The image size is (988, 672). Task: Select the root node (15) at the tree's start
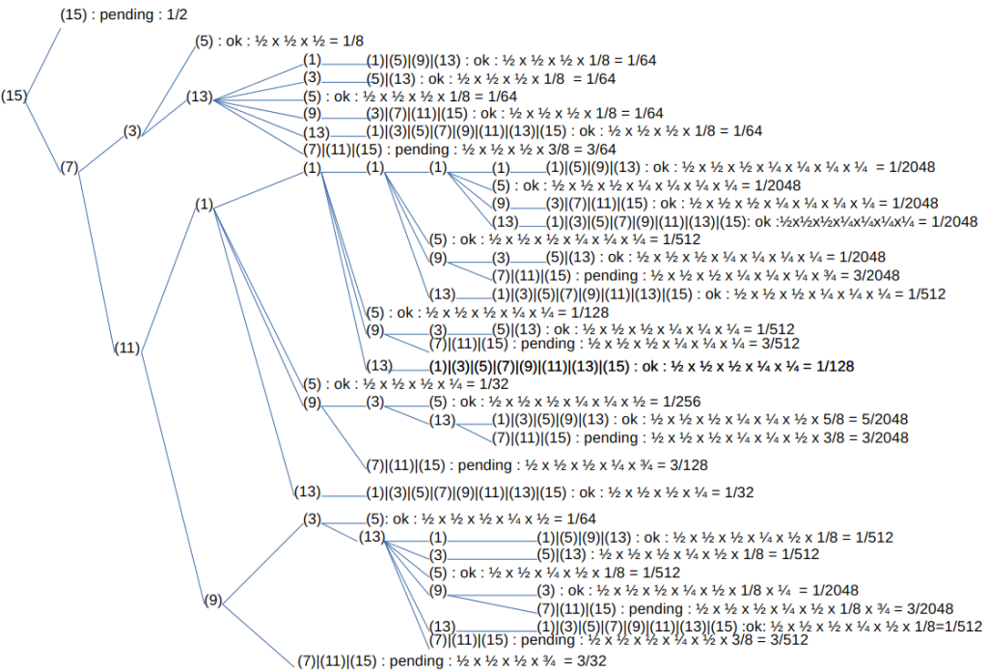point(14,96)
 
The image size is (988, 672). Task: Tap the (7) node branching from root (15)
point(69,168)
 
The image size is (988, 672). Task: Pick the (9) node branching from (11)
point(212,600)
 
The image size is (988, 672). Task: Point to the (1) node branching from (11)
point(204,204)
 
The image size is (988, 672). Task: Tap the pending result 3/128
point(688,465)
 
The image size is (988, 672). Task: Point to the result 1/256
point(680,402)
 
